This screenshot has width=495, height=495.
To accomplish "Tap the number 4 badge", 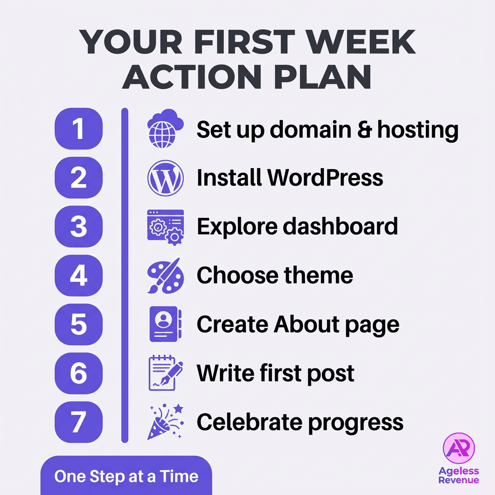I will coord(79,276).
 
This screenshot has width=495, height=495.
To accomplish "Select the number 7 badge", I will coord(79,422).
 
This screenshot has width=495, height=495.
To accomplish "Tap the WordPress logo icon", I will coord(165,178).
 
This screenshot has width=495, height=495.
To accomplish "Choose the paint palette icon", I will coord(165,276).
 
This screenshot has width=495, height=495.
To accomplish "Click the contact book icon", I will coord(165,324).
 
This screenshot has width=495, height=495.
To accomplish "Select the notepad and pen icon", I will coord(165,373).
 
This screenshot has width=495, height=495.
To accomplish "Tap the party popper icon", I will coord(164,422).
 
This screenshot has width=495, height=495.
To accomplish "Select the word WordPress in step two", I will coord(325,178).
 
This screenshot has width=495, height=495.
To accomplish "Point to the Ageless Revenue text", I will coord(459,475).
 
